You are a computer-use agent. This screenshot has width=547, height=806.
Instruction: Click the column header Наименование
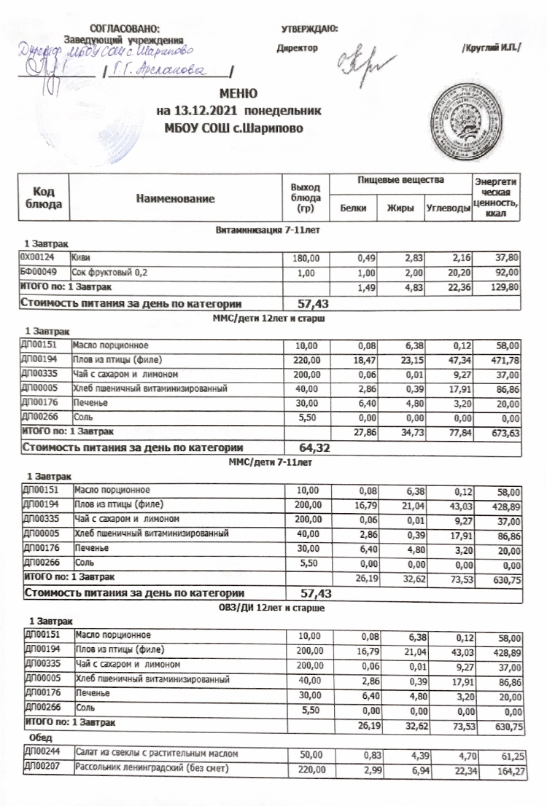(179, 198)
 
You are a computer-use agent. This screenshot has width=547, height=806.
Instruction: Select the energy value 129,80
(505, 287)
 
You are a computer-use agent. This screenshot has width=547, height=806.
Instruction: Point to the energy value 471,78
(503, 359)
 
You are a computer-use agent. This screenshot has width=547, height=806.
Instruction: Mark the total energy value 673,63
(503, 432)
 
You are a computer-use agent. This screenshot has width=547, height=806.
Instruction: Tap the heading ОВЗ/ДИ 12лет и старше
(271, 607)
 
